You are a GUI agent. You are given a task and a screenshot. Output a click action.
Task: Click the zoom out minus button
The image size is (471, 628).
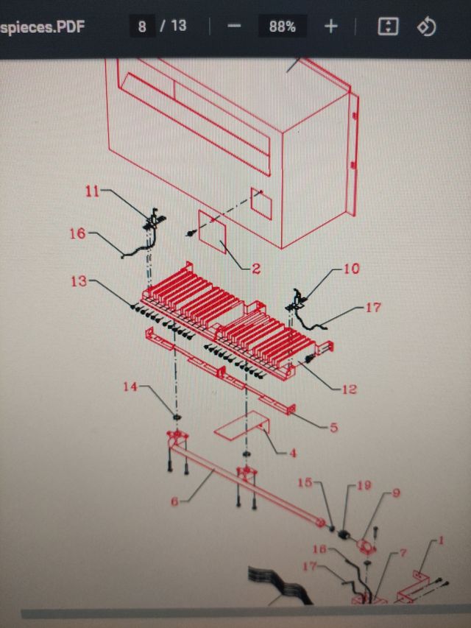coord(235,27)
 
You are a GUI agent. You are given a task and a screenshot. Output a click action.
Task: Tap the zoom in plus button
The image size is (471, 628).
coord(331,27)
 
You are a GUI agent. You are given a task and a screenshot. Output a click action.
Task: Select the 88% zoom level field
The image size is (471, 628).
coord(282,27)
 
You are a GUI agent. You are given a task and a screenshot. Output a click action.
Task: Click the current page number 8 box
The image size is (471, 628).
coord(141,27)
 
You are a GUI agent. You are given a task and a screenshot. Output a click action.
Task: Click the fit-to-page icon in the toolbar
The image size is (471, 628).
coord(388,27)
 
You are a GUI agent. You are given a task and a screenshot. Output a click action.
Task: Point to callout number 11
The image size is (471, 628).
coord(92,192)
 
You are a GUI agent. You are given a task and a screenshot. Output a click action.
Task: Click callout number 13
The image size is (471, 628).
coord(79,281)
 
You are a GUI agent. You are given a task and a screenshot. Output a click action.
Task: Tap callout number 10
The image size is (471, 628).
coord(352,269)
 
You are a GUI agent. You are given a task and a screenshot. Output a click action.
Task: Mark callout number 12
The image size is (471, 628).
coord(349,388)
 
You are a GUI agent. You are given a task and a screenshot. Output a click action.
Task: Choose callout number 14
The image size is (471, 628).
coord(130,385)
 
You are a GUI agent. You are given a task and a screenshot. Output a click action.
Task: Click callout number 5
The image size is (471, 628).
coord(333,426)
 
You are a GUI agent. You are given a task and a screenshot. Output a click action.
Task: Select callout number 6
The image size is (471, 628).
coord(175,501)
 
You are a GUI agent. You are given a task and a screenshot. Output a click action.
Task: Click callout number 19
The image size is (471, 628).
coord(364,486)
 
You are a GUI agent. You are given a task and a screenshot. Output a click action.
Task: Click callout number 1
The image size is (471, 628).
coord(442,541)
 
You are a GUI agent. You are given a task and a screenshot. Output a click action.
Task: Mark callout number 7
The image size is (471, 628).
coord(403,552)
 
